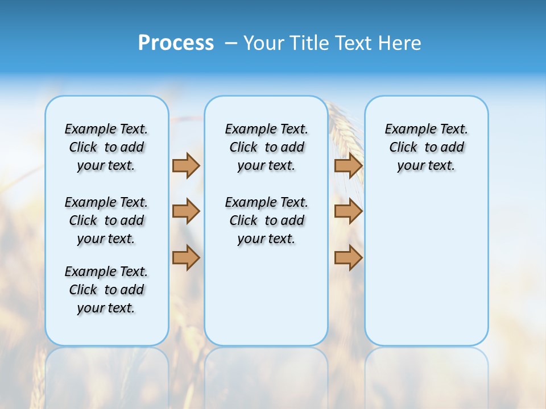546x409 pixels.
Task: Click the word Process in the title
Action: click(176, 43)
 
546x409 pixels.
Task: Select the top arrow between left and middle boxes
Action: click(186, 165)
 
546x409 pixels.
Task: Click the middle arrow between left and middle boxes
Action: click(186, 211)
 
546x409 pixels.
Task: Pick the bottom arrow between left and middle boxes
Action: click(186, 257)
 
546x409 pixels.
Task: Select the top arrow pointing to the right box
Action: click(348, 165)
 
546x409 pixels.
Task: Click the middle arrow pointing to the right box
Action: click(348, 211)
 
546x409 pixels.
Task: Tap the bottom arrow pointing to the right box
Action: click(348, 257)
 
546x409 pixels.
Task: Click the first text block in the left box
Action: click(106, 147)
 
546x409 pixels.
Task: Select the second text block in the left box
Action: click(106, 220)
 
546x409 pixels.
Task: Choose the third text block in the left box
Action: click(106, 290)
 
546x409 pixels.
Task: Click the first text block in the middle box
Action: click(266, 147)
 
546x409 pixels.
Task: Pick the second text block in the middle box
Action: click(266, 220)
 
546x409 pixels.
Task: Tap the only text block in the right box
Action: click(426, 147)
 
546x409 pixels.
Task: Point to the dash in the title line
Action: click(231, 43)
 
